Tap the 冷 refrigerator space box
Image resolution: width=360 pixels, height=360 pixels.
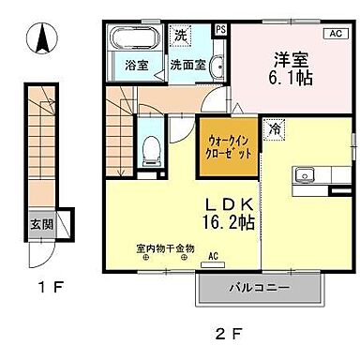tap(275, 127)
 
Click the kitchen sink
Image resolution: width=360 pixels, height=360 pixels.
tap(305, 174)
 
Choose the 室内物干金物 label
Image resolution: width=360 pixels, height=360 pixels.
tap(164, 248)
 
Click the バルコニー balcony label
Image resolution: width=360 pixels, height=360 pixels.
tap(257, 288)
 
